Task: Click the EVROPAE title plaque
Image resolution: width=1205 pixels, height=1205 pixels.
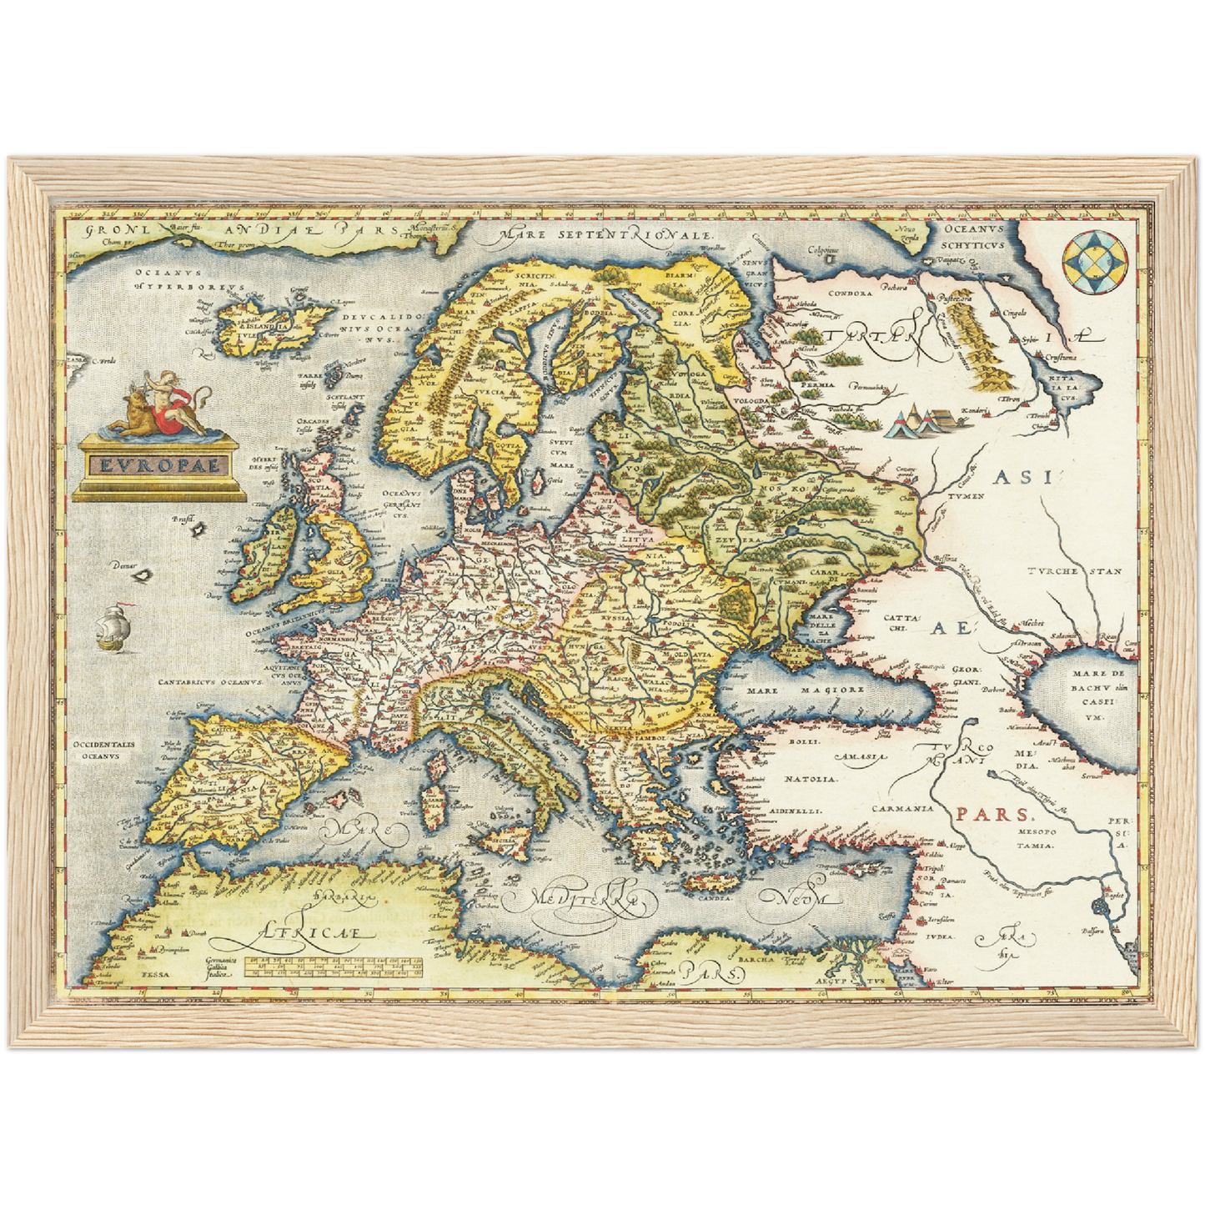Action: pyautogui.click(x=159, y=465)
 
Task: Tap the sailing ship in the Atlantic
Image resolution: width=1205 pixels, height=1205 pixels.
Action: pyautogui.click(x=113, y=627)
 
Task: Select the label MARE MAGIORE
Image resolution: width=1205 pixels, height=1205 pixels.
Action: pyautogui.click(x=805, y=690)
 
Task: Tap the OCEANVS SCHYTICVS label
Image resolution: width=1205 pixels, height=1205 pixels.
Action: pyautogui.click(x=973, y=236)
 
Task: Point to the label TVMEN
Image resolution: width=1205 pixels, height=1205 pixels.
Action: pyautogui.click(x=966, y=496)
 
